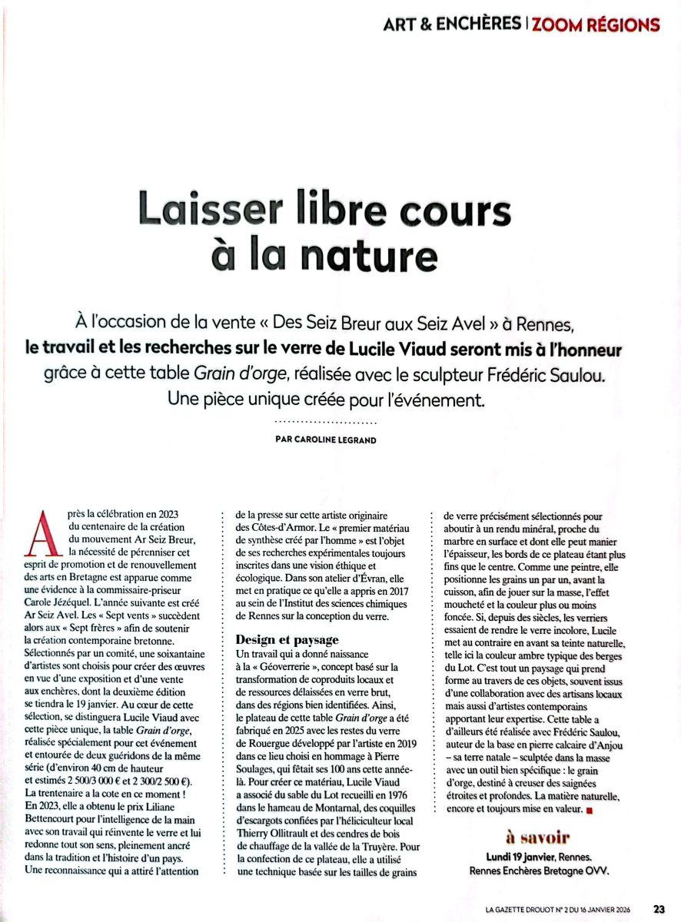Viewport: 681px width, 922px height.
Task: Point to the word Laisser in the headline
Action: click(x=201, y=209)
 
